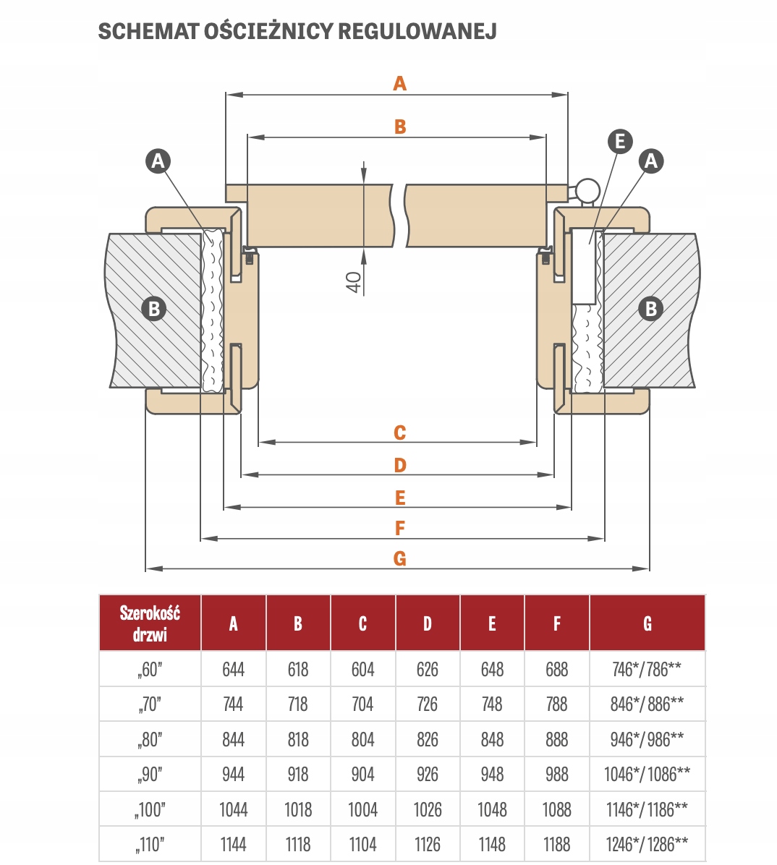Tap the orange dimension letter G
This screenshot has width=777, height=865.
tap(400, 558)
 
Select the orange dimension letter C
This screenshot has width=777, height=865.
tap(400, 432)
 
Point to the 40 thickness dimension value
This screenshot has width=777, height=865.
tap(354, 282)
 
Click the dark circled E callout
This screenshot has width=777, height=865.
tap(620, 141)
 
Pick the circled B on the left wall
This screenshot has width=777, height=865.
tap(154, 309)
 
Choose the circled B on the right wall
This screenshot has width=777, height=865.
tap(650, 309)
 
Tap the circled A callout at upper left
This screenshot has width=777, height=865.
tap(158, 161)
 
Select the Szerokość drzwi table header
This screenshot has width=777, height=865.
tap(150, 623)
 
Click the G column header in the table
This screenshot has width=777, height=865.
tap(647, 623)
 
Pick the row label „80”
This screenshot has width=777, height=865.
tap(150, 739)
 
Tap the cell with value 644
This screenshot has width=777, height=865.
tap(233, 669)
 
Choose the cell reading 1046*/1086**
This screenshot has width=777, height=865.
tap(647, 775)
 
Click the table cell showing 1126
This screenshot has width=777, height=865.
tap(427, 844)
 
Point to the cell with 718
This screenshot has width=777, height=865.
tap(297, 704)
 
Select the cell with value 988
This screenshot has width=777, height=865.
tap(556, 775)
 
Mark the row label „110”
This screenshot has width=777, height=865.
tap(150, 844)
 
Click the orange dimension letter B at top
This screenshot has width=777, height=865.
tap(400, 127)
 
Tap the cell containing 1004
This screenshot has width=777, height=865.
tap(362, 809)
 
